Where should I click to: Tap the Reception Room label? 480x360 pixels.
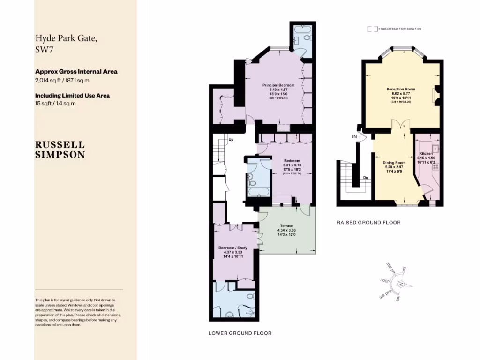click(401, 89)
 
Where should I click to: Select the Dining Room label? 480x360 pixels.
click(394, 162)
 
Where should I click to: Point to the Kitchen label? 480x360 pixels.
click(426, 153)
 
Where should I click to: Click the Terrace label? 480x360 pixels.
click(286, 225)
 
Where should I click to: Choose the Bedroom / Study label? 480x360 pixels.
click(232, 247)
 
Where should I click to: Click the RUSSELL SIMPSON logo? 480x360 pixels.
click(60, 150)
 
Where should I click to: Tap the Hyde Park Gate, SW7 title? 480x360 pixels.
click(67, 45)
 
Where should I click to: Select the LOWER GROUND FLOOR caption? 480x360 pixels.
click(240, 333)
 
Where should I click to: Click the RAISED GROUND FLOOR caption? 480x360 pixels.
click(368, 223)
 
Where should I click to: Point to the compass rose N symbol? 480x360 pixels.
click(401, 285)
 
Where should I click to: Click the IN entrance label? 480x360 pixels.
click(355, 136)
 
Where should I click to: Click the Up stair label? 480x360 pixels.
click(231, 139)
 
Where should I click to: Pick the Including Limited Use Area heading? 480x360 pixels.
click(72, 95)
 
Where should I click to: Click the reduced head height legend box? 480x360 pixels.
click(373, 29)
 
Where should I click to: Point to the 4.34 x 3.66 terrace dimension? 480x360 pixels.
click(286, 230)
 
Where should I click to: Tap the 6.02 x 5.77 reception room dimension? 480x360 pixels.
click(401, 93)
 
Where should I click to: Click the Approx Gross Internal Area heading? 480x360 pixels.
click(76, 72)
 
